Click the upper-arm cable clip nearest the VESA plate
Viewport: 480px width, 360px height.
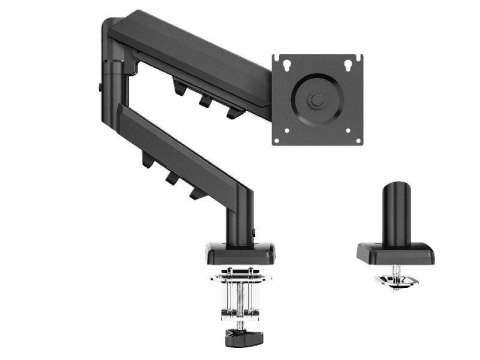pyautogui.click(x=233, y=108)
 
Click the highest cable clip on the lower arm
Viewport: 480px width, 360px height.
pyautogui.click(x=147, y=157)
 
